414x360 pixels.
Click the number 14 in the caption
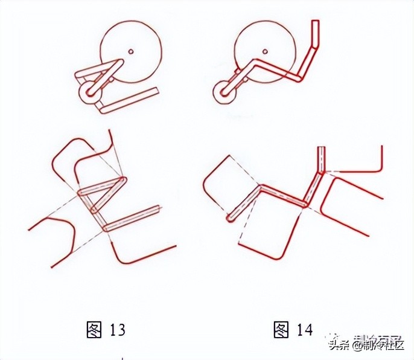(304, 330)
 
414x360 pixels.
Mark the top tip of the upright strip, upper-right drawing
(314, 22)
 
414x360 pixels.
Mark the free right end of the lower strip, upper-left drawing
(156, 91)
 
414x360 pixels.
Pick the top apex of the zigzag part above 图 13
(123, 179)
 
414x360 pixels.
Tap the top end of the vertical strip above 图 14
(322, 148)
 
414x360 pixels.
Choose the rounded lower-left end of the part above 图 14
(230, 218)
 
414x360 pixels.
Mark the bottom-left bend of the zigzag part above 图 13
(107, 228)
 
